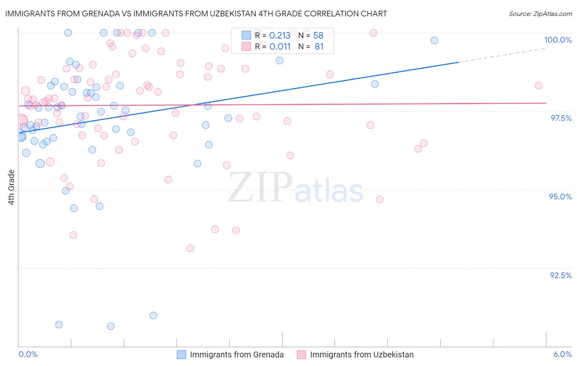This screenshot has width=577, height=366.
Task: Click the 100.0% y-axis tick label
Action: click(558, 40)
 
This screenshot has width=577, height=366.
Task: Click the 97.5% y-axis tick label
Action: click(561, 118)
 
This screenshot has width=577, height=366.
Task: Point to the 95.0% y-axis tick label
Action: click(560, 197)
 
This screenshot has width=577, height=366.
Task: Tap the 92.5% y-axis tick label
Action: click(561, 275)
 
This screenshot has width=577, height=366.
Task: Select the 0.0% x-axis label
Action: click(28, 355)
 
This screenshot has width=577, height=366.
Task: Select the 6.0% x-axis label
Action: click(562, 355)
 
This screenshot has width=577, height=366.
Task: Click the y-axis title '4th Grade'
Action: click(11, 187)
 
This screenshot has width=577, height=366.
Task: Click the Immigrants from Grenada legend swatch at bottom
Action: click(181, 355)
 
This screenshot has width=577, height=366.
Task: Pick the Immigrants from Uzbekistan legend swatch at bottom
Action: click(302, 355)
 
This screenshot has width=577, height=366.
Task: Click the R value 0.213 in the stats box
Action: click(280, 35)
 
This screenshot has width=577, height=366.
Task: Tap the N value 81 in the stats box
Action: click(319, 47)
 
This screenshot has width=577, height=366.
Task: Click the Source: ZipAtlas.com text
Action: click(540, 14)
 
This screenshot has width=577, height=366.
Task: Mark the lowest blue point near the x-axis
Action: click(111, 326)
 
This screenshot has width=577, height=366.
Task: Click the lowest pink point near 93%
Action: click(190, 248)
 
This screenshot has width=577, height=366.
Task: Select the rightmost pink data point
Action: click(538, 86)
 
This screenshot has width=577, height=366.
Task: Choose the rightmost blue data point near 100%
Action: click(434, 41)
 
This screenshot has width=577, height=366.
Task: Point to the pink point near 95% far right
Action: click(380, 199)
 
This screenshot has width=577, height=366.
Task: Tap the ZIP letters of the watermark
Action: click(260, 188)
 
